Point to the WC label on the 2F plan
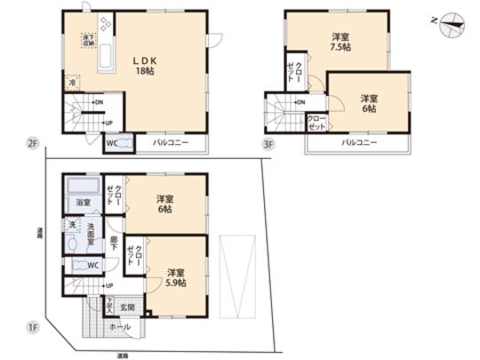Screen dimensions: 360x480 113,143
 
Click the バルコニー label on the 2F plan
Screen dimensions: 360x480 169,143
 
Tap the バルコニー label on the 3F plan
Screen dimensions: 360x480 361,142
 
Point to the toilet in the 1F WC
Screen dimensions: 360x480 82,265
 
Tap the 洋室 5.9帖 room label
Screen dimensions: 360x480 175,278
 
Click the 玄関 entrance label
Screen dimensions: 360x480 127,308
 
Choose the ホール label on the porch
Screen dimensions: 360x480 121,327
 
